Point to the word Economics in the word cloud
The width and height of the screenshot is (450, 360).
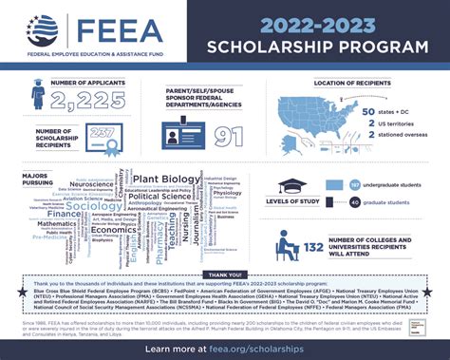click(x=114, y=230)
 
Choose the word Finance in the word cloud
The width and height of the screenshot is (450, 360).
click(x=63, y=216)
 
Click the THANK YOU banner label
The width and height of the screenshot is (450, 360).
click(x=225, y=276)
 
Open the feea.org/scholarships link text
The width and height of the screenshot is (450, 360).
click(x=256, y=349)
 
